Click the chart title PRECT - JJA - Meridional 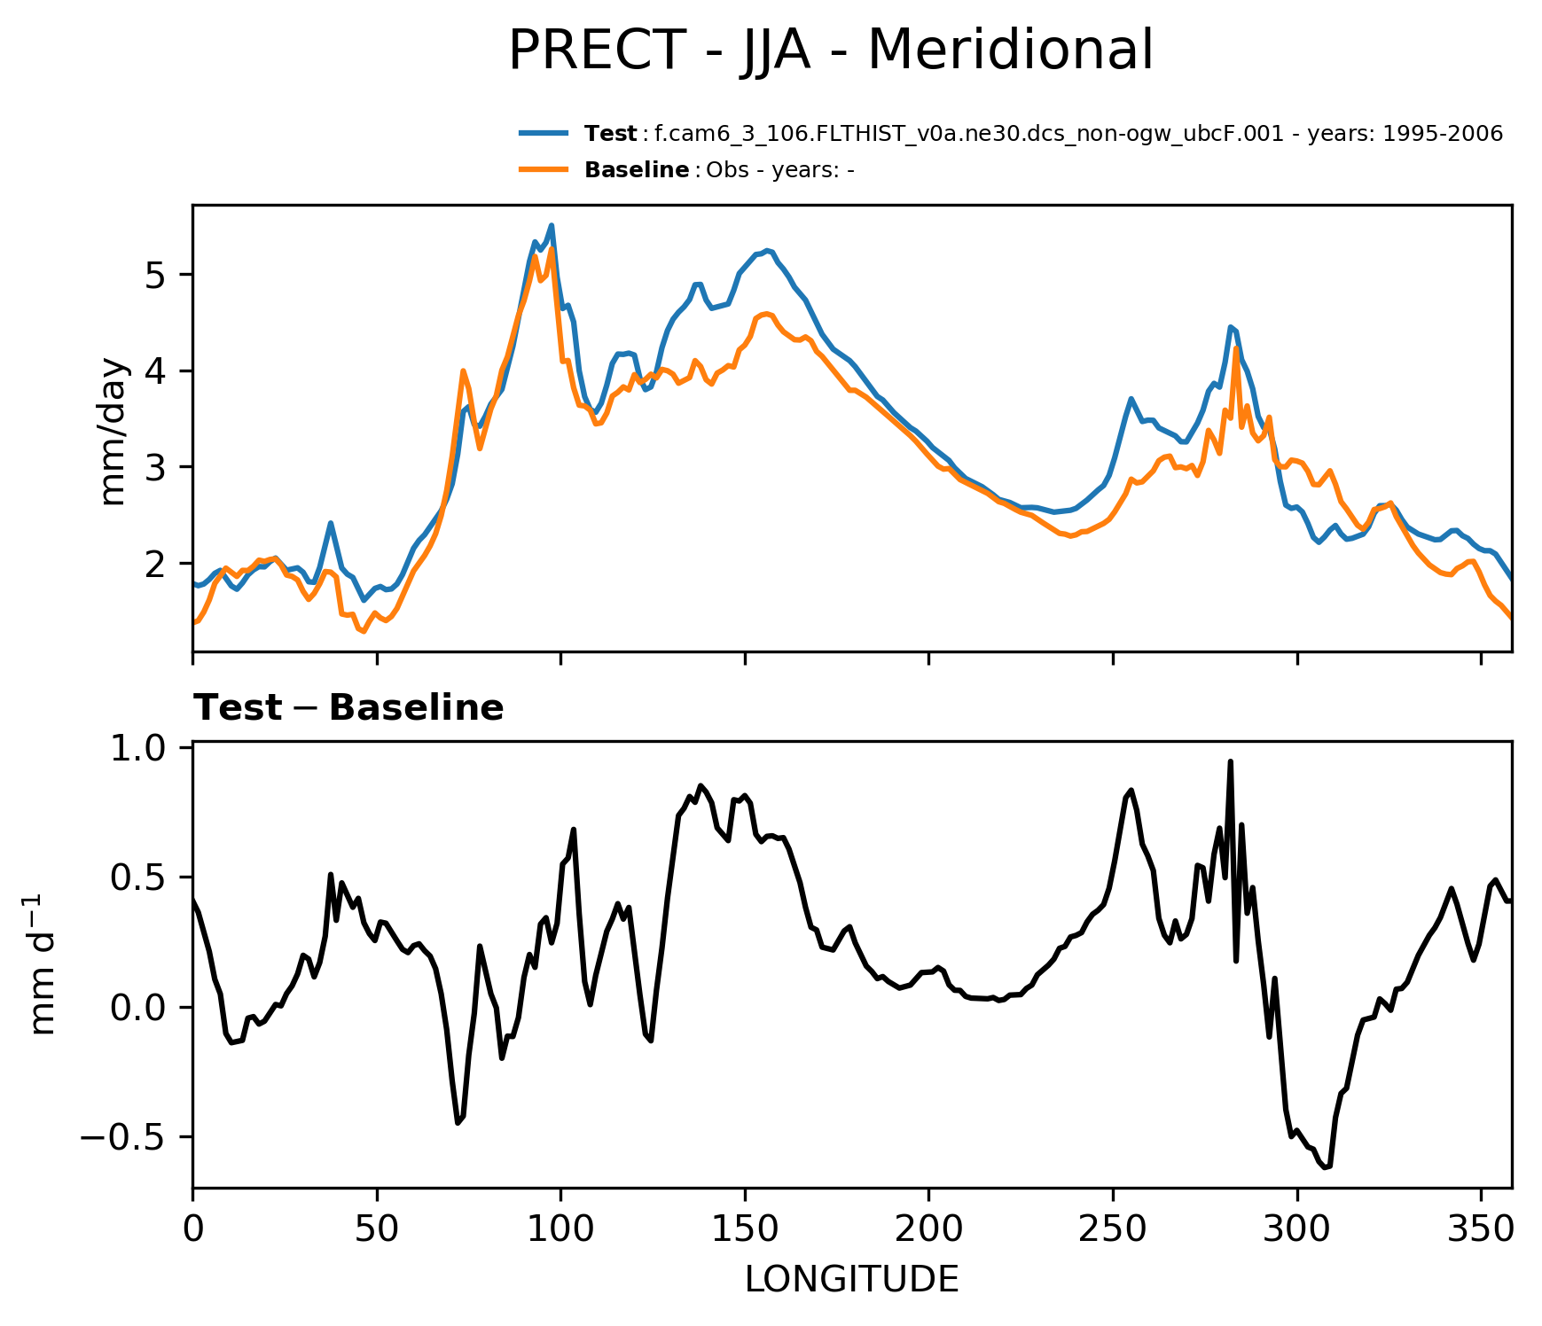point(830,51)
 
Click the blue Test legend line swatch point(543,134)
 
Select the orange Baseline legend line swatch point(543,169)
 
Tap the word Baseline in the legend point(637,170)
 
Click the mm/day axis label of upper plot point(114,432)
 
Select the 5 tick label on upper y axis point(155,275)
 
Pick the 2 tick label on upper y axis point(155,564)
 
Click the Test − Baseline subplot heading point(348,708)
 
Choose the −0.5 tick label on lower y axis point(124,1138)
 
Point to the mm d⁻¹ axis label point(43,965)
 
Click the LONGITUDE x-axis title point(851,1279)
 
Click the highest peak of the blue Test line point(552,225)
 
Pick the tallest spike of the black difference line point(1230,761)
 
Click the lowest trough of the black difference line point(1326,1168)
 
